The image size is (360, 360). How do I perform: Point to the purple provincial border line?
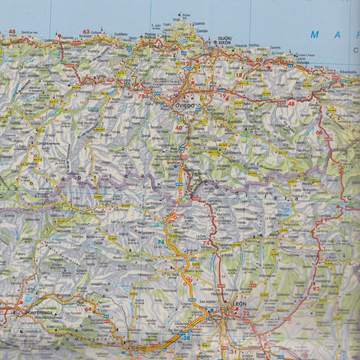[x=120, y=180]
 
